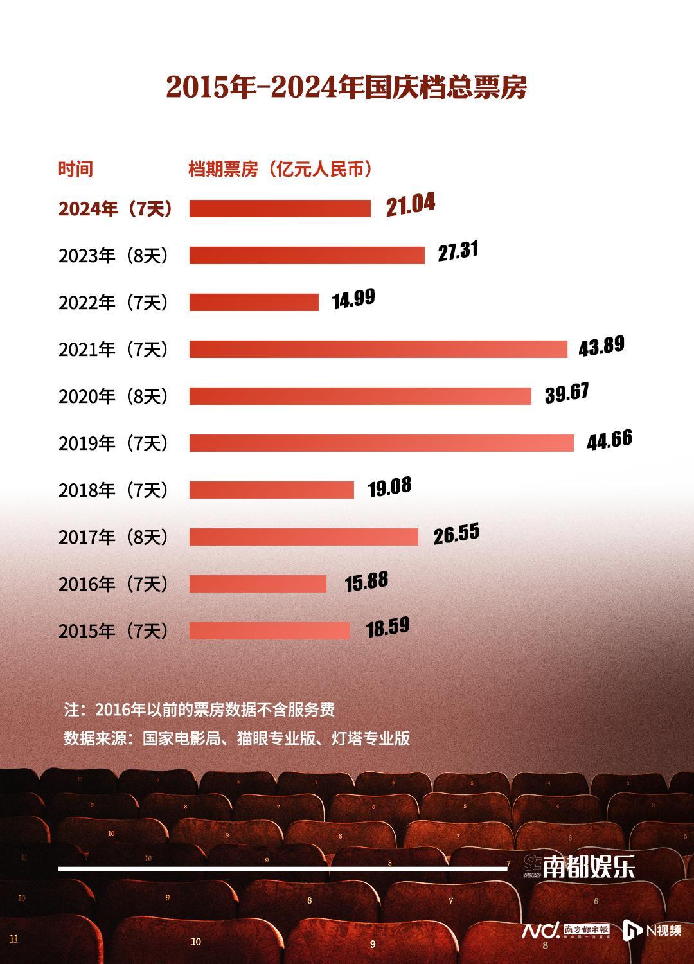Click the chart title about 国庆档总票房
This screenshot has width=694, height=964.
click(x=346, y=87)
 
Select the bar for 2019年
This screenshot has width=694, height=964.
click(x=381, y=443)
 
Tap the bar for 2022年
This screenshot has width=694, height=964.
click(x=254, y=302)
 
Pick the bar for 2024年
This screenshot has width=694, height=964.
click(x=280, y=208)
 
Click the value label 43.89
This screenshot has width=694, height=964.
click(x=601, y=346)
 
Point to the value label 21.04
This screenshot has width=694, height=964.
click(x=411, y=204)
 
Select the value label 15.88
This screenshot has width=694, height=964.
click(x=366, y=582)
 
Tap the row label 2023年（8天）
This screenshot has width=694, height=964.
click(x=115, y=256)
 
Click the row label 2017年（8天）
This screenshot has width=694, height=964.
click(x=115, y=537)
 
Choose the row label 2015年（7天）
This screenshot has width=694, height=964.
click(x=115, y=631)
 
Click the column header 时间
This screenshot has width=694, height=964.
click(x=76, y=169)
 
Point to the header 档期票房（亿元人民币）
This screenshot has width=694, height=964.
click(x=281, y=169)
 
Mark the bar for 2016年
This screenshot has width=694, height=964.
click(x=258, y=584)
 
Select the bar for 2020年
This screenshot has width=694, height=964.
click(x=360, y=396)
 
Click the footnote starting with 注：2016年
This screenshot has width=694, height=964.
click(x=199, y=710)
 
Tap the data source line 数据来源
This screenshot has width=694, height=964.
click(x=236, y=738)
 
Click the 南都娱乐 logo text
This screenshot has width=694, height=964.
click(x=589, y=868)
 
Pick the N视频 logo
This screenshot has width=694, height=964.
click(x=652, y=930)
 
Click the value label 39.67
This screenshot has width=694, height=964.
click(x=567, y=393)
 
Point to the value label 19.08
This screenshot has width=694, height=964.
click(x=389, y=487)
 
